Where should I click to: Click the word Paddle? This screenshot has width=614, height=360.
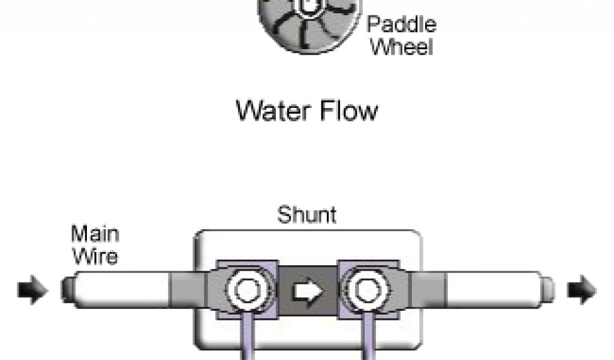[x=401, y=26]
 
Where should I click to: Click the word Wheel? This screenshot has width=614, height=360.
[x=401, y=47]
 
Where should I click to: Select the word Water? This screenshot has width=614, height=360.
[x=273, y=111]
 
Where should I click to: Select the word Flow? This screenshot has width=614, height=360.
[x=348, y=111]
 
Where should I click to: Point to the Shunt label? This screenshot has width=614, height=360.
[x=306, y=215]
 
